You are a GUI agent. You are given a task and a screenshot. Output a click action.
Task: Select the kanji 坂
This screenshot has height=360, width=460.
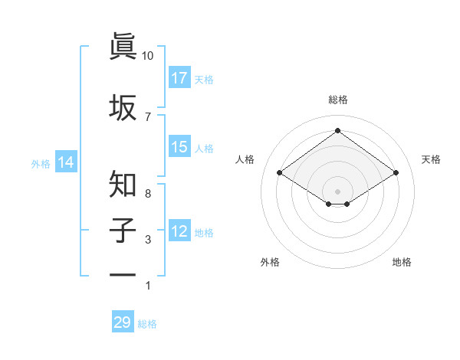pyautogui.click(x=123, y=106)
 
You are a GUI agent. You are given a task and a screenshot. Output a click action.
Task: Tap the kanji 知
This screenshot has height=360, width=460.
pyautogui.click(x=123, y=184)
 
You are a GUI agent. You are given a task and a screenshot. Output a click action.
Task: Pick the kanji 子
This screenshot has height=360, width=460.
pyautogui.click(x=123, y=230)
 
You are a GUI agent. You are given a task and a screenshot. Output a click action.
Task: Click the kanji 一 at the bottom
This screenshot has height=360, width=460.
pyautogui.click(x=123, y=274)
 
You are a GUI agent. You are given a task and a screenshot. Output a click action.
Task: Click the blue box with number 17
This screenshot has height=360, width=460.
pyautogui.click(x=179, y=77)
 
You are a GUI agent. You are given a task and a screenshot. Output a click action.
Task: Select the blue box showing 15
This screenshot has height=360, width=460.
pyautogui.click(x=179, y=147)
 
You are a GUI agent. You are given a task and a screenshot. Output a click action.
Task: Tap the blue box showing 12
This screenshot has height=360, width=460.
pyautogui.click(x=179, y=231)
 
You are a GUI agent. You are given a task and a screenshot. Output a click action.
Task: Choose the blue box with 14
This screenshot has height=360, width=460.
pyautogui.click(x=66, y=162)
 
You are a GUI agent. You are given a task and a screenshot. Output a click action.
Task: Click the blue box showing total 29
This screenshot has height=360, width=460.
pyautogui.click(x=123, y=322)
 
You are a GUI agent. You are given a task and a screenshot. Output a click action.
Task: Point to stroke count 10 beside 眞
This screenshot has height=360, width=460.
pyautogui.click(x=148, y=56)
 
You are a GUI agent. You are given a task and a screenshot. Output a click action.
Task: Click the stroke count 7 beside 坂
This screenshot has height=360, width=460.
pyautogui.click(x=148, y=116)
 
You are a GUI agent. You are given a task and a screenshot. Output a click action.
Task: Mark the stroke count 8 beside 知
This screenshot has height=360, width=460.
pyautogui.click(x=148, y=194)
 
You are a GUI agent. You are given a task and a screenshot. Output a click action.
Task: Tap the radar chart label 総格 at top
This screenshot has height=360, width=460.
pyautogui.click(x=337, y=100)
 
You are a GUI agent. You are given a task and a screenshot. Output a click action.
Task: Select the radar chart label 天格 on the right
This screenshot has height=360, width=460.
pyautogui.click(x=431, y=159)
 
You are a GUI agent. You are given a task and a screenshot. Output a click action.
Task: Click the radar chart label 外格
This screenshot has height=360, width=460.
pyautogui.click(x=270, y=262)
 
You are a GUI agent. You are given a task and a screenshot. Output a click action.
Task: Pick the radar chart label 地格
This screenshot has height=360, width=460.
pyautogui.click(x=402, y=262)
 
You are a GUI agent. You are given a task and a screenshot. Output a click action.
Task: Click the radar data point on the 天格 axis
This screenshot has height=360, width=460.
pyautogui.click(x=396, y=173)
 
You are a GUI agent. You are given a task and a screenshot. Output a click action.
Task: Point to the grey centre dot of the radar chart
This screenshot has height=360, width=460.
pyautogui.click(x=337, y=191)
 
